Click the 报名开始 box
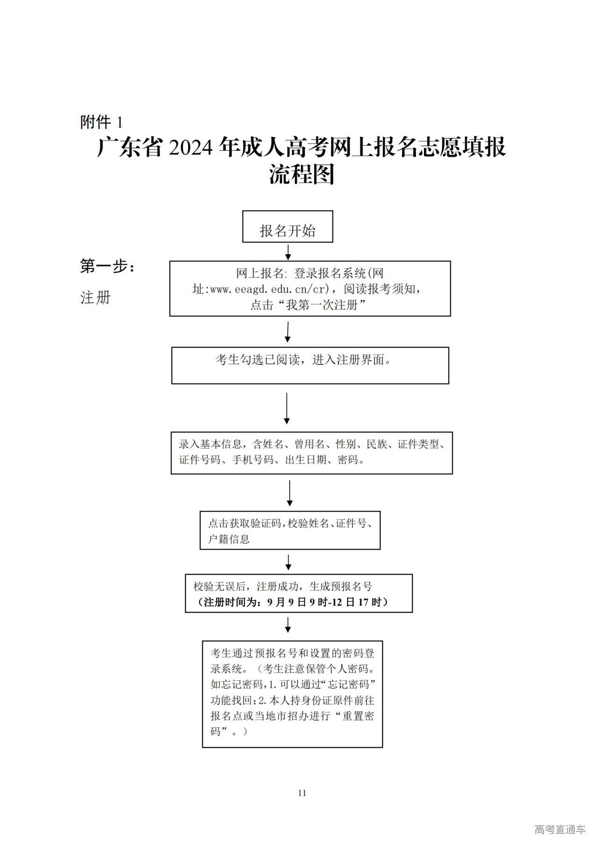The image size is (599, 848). pyautogui.click(x=287, y=227)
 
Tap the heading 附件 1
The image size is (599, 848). pyautogui.click(x=101, y=122)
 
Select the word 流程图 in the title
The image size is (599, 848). pyautogui.click(x=301, y=175)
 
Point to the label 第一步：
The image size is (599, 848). pyautogui.click(x=107, y=267)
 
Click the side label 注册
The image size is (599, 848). pyautogui.click(x=95, y=297)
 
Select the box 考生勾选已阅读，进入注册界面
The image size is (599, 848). pyautogui.click(x=310, y=365)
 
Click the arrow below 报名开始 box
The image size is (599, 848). pyautogui.click(x=288, y=252)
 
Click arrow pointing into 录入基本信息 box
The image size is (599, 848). pyautogui.click(x=287, y=408)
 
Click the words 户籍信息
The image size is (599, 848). pyautogui.click(x=229, y=539)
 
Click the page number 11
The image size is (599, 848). pyautogui.click(x=302, y=793)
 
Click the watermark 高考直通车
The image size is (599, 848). pyautogui.click(x=560, y=830)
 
